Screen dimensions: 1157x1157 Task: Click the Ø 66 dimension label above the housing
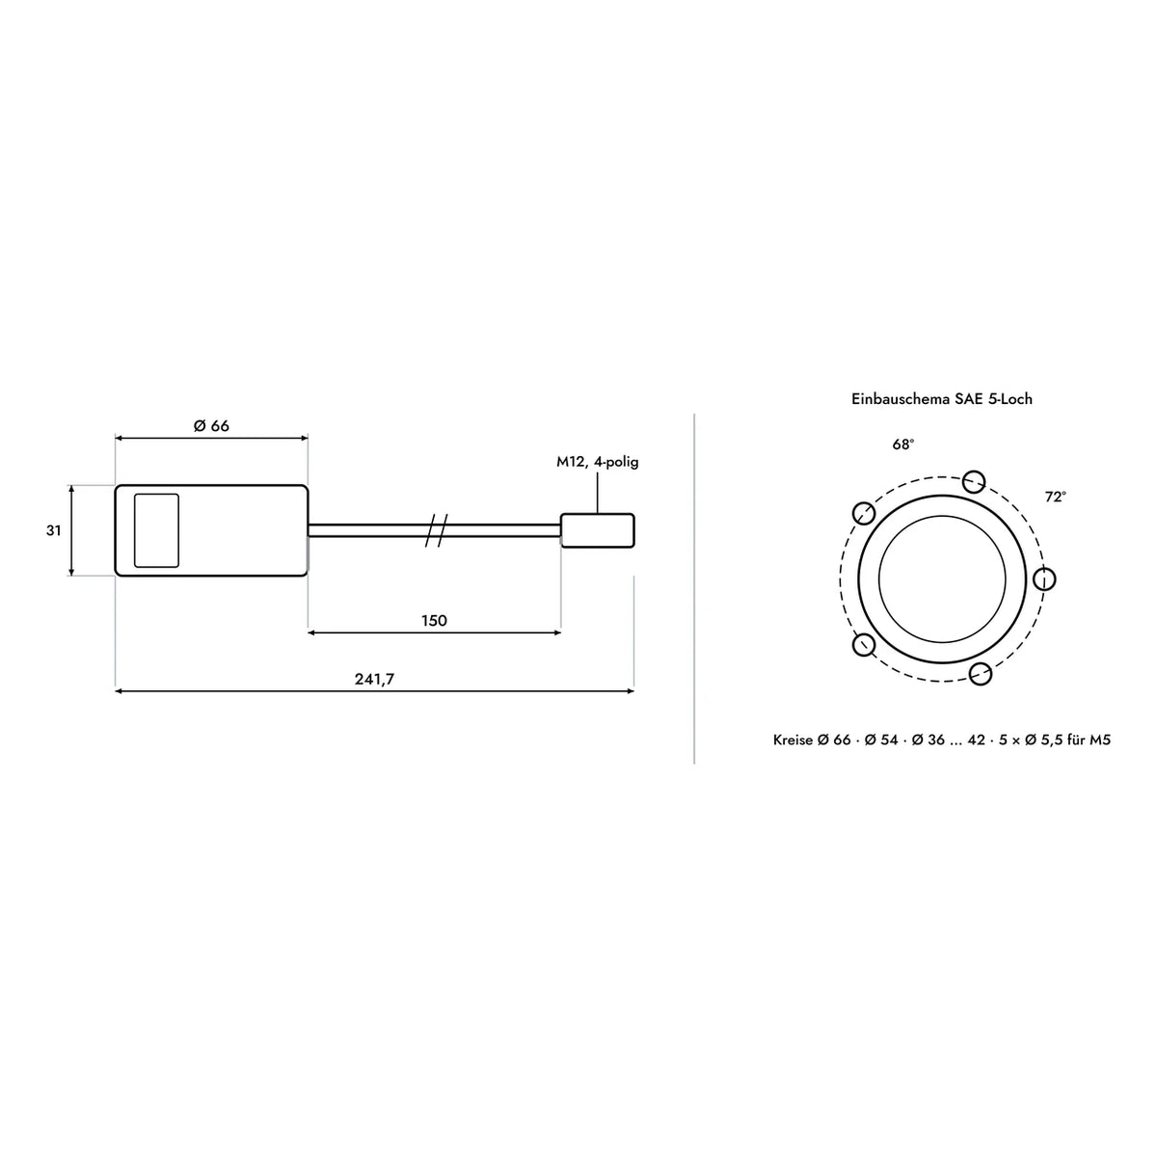(x=211, y=426)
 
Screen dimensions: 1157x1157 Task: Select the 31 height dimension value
(x=53, y=530)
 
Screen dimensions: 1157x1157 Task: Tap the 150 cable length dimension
(x=434, y=620)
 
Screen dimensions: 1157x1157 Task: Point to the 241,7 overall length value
(x=375, y=679)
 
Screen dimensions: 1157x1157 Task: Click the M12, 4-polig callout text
(x=598, y=462)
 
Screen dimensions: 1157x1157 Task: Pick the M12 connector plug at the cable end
(x=598, y=530)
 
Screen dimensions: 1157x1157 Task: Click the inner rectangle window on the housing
(x=156, y=530)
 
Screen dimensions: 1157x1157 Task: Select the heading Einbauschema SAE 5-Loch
(x=942, y=398)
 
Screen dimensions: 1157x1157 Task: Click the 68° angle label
(x=903, y=444)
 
